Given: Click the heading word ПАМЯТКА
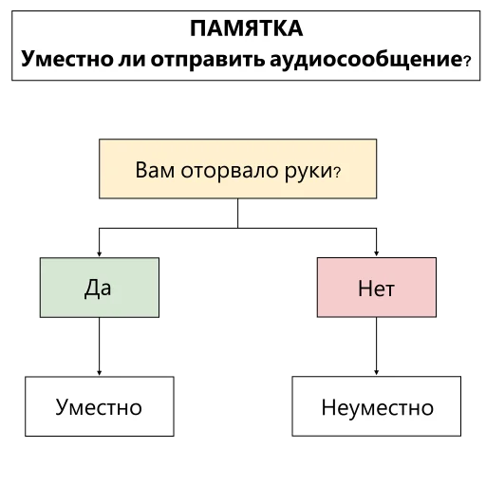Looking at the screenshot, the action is click(247, 28).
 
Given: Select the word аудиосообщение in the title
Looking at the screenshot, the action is click(366, 59).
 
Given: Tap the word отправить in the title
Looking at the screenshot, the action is click(208, 59).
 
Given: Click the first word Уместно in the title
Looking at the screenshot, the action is click(67, 59).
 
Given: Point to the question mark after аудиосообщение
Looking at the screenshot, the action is click(467, 61).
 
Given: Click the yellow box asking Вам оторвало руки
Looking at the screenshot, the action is click(238, 169).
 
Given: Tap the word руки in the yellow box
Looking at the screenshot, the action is click(308, 172).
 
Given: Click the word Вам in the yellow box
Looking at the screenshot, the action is click(155, 170).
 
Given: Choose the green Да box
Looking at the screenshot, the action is click(100, 288).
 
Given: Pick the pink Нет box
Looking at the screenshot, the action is click(377, 288).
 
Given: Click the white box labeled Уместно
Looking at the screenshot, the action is click(100, 406).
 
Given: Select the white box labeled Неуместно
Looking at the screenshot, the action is click(377, 406).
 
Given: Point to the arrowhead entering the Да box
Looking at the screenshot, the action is click(100, 254).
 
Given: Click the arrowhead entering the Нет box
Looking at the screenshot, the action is click(377, 253).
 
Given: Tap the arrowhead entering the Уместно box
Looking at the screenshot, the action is click(100, 373).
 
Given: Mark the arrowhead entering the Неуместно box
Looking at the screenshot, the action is click(377, 373).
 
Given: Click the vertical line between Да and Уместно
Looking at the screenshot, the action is click(100, 346).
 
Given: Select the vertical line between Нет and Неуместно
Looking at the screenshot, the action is click(377, 346).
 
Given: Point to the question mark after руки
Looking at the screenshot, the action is click(337, 173).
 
